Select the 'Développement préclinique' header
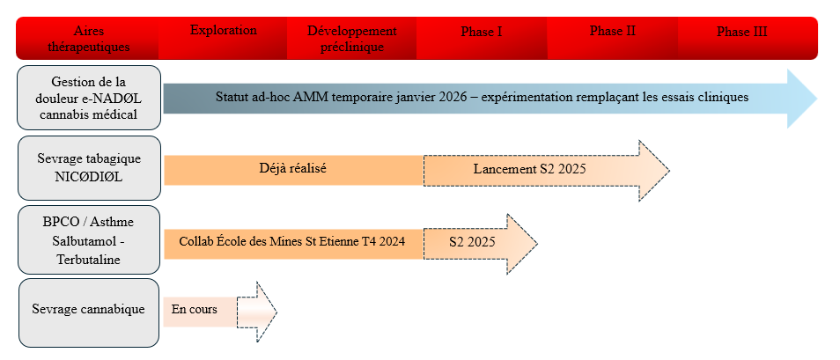coord(352,39)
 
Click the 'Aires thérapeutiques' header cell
coord(89,39)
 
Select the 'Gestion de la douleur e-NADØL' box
coord(89,98)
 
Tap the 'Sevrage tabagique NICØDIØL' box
coord(89,168)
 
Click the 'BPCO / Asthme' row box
coord(89,240)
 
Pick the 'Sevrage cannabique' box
coord(89,312)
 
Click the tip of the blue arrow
coord(817,99)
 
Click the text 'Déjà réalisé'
coord(292,168)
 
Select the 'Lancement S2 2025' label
coord(530,169)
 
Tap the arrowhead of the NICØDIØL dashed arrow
coord(654,171)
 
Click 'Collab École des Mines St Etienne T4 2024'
coord(292,241)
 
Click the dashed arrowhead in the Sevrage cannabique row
coord(267,312)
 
